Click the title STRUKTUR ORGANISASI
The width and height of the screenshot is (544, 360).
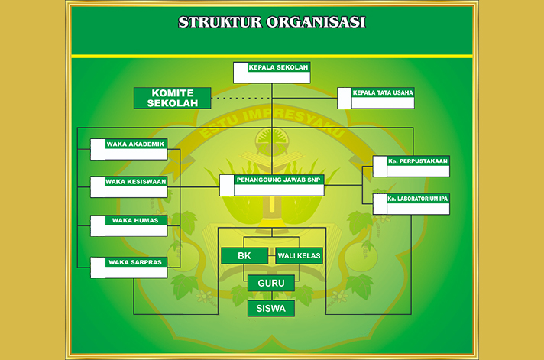271,22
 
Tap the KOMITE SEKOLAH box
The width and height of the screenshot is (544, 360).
172,98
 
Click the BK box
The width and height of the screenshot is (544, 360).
244,255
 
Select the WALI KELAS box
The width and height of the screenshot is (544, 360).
299,255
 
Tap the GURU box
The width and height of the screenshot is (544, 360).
271,284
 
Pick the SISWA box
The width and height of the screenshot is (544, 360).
271,309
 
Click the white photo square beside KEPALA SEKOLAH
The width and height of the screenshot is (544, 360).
240,73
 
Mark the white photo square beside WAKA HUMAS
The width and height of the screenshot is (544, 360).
98,225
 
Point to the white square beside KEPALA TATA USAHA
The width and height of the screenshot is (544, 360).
345,98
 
